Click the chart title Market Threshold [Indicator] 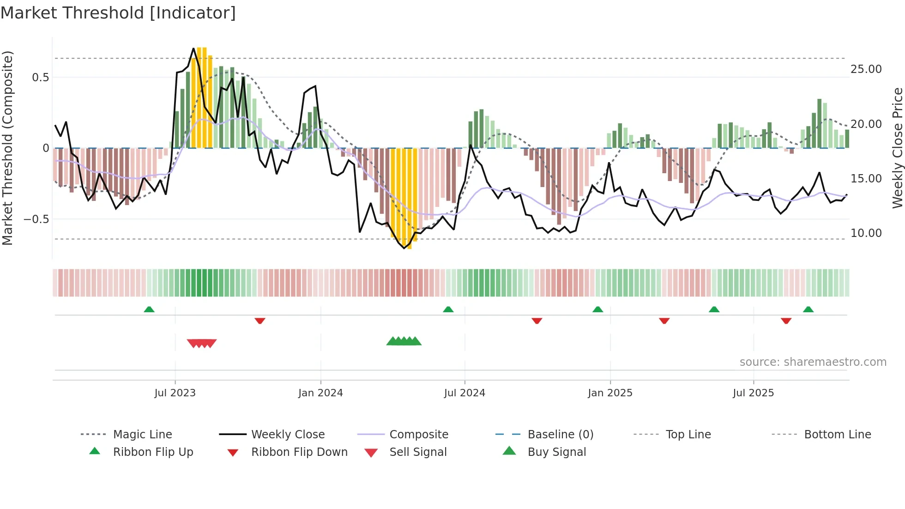pyautogui.click(x=118, y=13)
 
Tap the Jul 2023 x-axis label pyautogui.click(x=175, y=393)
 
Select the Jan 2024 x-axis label pyautogui.click(x=320, y=393)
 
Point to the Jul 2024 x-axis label pyautogui.click(x=465, y=393)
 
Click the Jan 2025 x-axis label pyautogui.click(x=610, y=393)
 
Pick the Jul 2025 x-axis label pyautogui.click(x=753, y=393)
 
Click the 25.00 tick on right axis pyautogui.click(x=866, y=69)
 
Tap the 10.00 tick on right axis pyautogui.click(x=866, y=233)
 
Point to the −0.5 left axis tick pyautogui.click(x=36, y=219)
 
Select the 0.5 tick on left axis pyautogui.click(x=40, y=77)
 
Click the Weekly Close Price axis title pyautogui.click(x=897, y=148)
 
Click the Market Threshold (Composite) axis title pyautogui.click(x=7, y=148)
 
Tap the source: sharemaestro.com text pyautogui.click(x=813, y=362)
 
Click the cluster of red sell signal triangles pyautogui.click(x=202, y=343)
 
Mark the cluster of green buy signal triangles pyautogui.click(x=404, y=341)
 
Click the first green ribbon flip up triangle pyautogui.click(x=149, y=309)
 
